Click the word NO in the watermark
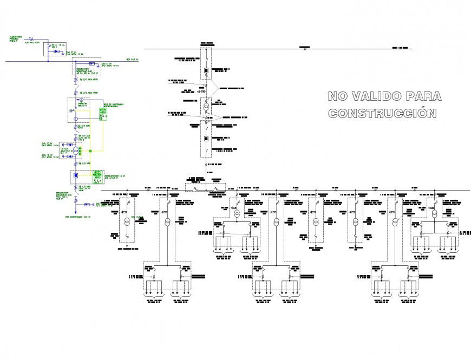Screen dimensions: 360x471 pyautogui.click(x=337, y=97)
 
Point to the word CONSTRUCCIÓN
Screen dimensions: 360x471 pyautogui.click(x=382, y=114)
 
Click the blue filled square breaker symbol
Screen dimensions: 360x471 pyautogui.click(x=77, y=176)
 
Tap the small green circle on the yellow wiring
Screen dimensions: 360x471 pyautogui.click(x=90, y=151)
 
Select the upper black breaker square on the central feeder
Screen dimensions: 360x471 pyautogui.click(x=206, y=71)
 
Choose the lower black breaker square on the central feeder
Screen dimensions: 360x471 pyautogui.click(x=206, y=138)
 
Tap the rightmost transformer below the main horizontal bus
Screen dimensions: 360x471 pyautogui.click(x=435, y=214)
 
